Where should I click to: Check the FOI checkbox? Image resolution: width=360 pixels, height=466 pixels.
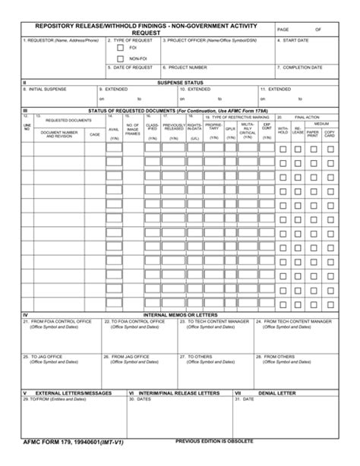coord(120,48)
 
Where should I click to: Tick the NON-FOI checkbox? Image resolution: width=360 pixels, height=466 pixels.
coord(120,58)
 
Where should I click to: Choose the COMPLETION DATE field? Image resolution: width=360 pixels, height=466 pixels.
coord(304,71)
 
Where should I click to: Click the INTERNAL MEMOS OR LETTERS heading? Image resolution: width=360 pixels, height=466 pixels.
coord(179,315)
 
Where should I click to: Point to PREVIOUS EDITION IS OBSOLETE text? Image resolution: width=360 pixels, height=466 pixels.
coord(214,440)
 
